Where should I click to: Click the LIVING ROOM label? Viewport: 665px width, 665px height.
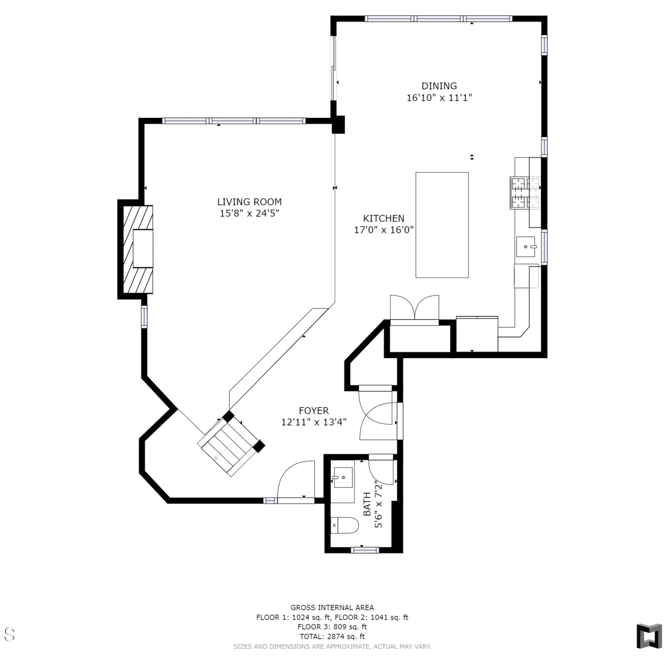click(x=249, y=202)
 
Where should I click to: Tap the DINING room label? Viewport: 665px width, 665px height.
click(x=439, y=86)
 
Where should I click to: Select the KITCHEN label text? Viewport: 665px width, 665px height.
click(x=383, y=219)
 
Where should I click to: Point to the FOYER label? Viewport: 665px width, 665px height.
click(x=313, y=411)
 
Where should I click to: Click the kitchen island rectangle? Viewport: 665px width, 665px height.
click(x=442, y=225)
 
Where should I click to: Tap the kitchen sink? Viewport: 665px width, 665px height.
click(x=526, y=246)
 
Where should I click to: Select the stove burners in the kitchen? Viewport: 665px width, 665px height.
click(x=525, y=192)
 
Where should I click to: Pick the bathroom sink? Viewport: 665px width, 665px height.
click(x=343, y=477)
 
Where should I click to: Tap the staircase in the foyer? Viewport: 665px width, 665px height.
click(x=231, y=444)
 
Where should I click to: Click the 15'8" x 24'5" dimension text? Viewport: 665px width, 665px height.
click(x=249, y=214)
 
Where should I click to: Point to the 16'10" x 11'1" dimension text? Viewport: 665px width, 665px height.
click(x=439, y=98)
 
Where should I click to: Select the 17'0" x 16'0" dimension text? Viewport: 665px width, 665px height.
click(x=383, y=230)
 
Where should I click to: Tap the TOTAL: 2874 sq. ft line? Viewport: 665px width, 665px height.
click(x=332, y=637)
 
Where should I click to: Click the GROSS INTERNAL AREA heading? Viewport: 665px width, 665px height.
click(x=332, y=608)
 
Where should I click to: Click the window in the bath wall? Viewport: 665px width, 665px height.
click(x=365, y=550)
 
